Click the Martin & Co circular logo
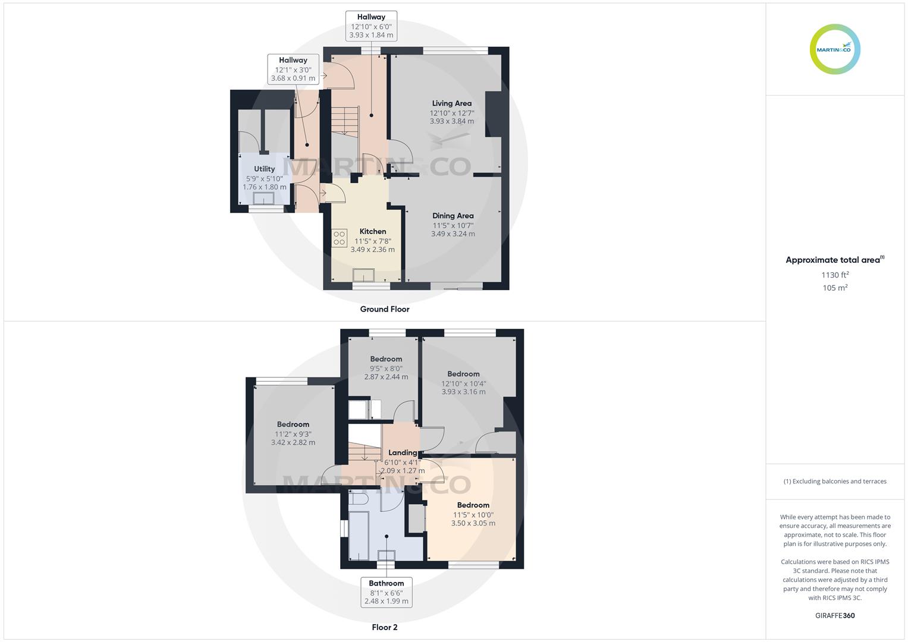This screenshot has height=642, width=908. [835, 49]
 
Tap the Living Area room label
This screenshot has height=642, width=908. [451, 103]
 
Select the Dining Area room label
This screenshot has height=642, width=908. [453, 216]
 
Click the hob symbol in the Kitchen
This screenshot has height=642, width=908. [340, 238]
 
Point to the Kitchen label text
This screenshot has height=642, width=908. [373, 232]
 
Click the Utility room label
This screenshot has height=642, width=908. [264, 169]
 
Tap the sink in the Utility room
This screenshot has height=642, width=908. [263, 199]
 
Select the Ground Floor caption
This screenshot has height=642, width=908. [384, 309]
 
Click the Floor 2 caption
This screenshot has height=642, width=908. [384, 627]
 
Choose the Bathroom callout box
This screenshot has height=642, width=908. [386, 592]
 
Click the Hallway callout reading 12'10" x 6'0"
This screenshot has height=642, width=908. [371, 26]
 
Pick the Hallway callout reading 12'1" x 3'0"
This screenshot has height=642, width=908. [293, 69]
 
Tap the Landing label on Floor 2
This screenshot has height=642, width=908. [403, 453]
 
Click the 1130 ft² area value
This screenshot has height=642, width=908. [835, 275]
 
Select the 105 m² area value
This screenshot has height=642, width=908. [835, 288]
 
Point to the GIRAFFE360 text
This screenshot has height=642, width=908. [835, 615]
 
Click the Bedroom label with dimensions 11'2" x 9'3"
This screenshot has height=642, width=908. [293, 424]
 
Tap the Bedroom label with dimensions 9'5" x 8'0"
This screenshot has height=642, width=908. [386, 359]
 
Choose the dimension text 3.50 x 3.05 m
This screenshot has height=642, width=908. [473, 524]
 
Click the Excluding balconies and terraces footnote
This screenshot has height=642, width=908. [835, 481]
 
